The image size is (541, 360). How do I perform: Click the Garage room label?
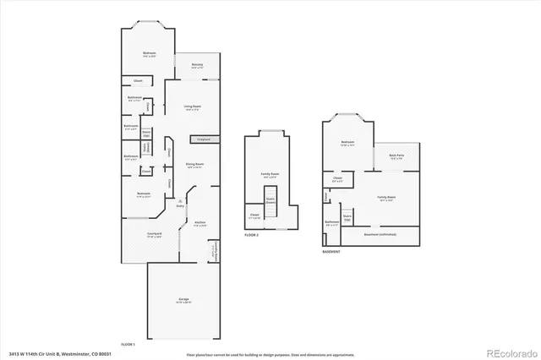tap(183, 299)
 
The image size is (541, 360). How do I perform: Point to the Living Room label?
tap(191, 107)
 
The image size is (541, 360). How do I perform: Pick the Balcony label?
tap(197, 64)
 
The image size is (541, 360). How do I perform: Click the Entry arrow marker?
tap(179, 200)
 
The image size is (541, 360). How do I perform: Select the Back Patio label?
tap(396, 156)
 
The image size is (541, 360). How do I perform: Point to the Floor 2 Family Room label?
tap(270, 175)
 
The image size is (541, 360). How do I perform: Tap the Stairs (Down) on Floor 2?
tap(270, 202)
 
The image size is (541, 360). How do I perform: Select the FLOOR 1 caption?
tap(128, 344)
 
